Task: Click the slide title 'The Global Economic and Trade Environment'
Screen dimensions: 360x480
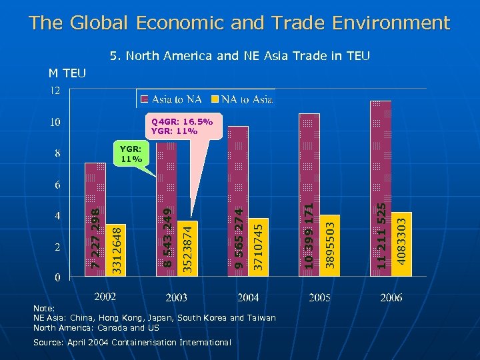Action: coord(240,23)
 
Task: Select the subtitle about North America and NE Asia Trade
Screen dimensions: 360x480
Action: coord(240,57)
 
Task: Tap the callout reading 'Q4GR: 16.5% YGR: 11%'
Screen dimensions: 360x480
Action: coord(181,127)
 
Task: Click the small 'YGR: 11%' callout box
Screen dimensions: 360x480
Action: coord(131,154)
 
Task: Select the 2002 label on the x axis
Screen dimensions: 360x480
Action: coord(105,296)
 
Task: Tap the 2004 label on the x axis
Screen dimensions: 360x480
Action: coord(248,297)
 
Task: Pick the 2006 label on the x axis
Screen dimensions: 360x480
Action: coord(391,297)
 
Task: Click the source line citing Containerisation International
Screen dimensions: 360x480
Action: coord(132,342)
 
